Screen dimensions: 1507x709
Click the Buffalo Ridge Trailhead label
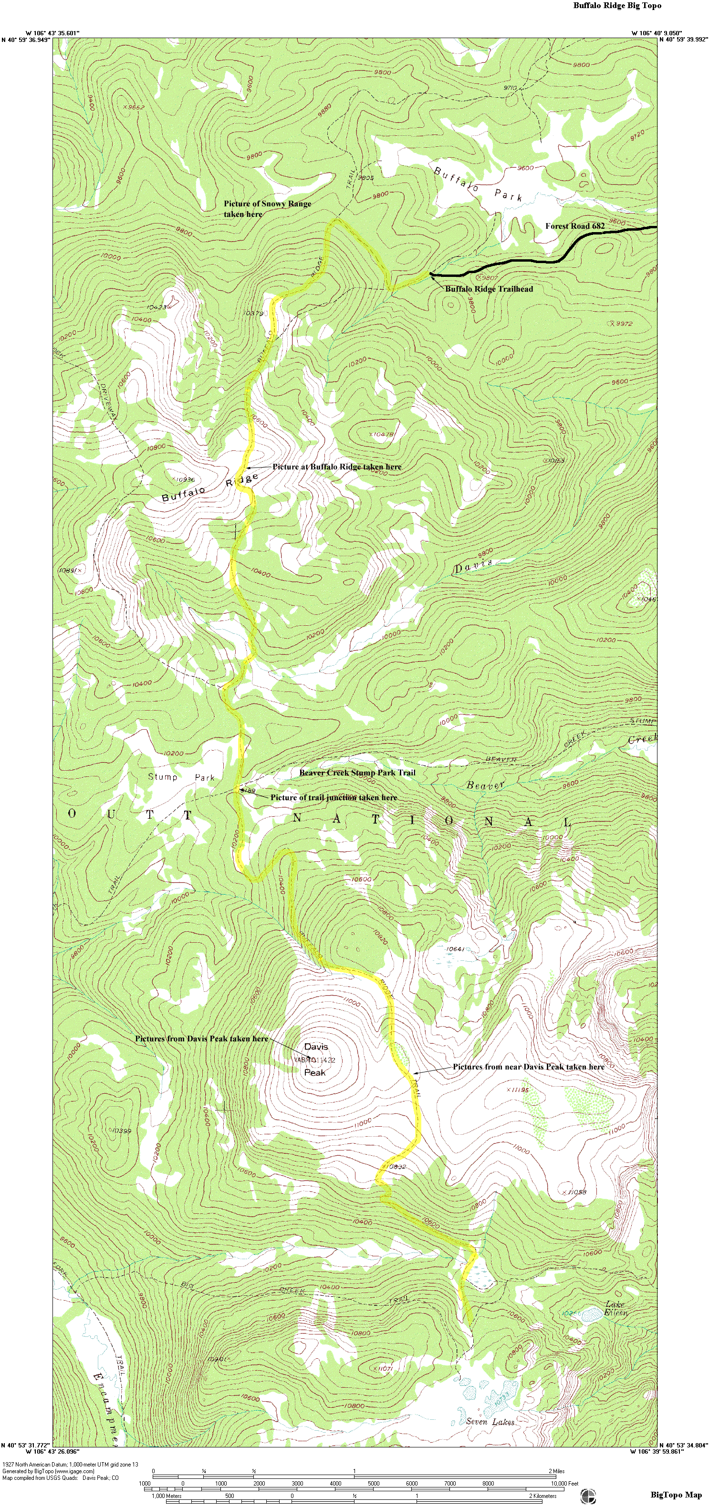[489, 288]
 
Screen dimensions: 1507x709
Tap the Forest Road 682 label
[574, 226]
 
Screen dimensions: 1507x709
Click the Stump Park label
[181, 777]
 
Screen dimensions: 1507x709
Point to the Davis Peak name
[315, 1059]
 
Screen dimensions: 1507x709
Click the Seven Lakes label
[490, 1421]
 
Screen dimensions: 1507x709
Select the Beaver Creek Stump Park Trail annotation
[357, 772]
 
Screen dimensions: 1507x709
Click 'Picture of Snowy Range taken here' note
[267, 209]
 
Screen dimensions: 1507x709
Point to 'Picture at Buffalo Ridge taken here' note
[337, 467]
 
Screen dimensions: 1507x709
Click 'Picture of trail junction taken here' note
[333, 797]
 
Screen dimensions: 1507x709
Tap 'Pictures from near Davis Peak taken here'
[528, 1067]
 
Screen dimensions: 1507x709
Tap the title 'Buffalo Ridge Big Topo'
[617, 6]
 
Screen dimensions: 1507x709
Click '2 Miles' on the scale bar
[556, 1471]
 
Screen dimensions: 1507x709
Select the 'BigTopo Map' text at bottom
[676, 1495]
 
